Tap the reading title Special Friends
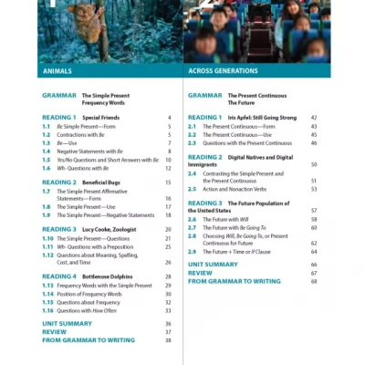coord(101,119)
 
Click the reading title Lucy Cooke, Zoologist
coord(110,229)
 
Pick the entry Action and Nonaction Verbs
coord(245,189)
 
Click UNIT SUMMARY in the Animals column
coord(67,323)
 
